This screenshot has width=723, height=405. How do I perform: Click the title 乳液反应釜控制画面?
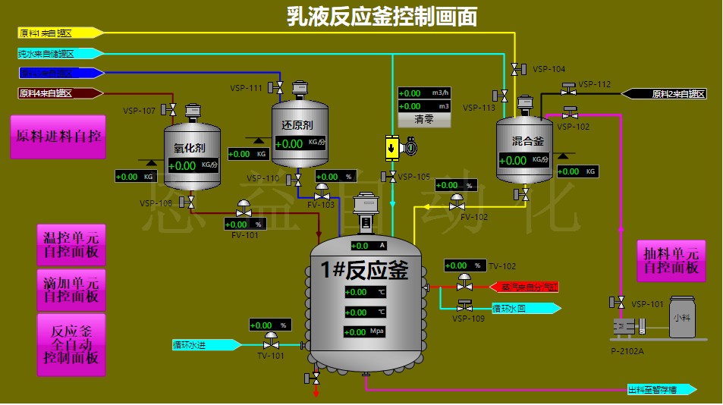pyautogui.click(x=382, y=16)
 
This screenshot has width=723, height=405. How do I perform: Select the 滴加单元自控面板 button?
pyautogui.click(x=71, y=289)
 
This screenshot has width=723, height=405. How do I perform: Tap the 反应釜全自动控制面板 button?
pyautogui.click(x=71, y=345)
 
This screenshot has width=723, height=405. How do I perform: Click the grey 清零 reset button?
pyautogui.click(x=424, y=120)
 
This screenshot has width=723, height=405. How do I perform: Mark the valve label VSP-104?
pyautogui.click(x=549, y=69)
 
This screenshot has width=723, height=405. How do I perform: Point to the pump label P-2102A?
pyautogui.click(x=627, y=350)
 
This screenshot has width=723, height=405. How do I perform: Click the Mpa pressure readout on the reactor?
pyautogui.click(x=367, y=332)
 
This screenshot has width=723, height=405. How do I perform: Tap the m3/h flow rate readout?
pyautogui.click(x=424, y=93)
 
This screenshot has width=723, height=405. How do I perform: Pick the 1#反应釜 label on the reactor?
pyautogui.click(x=364, y=270)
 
